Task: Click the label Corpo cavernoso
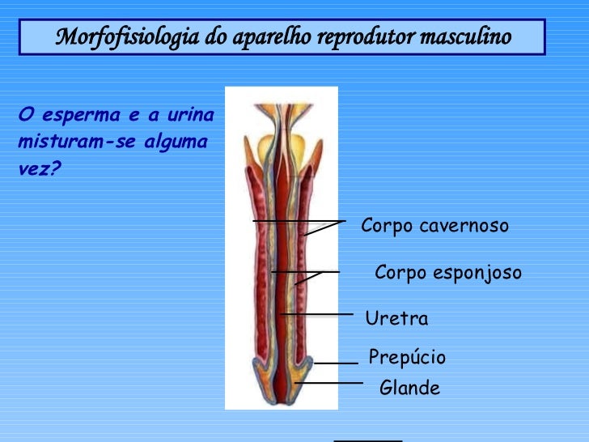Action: (434, 226)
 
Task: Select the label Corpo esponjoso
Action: (448, 274)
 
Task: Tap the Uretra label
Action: (396, 318)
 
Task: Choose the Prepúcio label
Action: (407, 358)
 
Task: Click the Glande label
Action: (409, 389)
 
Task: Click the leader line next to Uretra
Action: (317, 313)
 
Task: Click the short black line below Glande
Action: (368, 440)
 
